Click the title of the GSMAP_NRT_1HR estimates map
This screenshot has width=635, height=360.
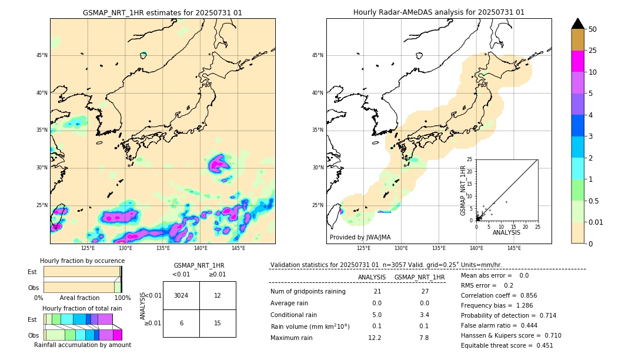pos(162,12)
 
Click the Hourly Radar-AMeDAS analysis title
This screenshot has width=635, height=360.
pos(439,12)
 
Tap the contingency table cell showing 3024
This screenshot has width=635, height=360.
pos(181,295)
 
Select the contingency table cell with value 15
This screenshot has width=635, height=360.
pos(217,323)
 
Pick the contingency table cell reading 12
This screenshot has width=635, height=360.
pos(217,295)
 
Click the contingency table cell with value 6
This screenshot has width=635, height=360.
pos(181,323)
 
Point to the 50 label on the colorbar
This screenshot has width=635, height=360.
pos(593,29)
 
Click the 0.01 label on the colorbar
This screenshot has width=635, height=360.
pos(596,222)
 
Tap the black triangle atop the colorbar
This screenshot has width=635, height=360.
pos(577,24)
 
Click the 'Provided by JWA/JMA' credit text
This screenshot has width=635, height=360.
pos(360,238)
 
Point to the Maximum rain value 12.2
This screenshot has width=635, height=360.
pos(375,338)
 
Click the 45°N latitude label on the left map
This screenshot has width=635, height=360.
pos(42,55)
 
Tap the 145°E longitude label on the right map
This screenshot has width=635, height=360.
pos(514,248)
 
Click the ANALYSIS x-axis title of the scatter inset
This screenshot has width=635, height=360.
pos(506,232)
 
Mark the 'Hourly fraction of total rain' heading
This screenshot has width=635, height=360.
pos(82,308)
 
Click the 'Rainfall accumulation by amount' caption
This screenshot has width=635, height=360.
pos(82,345)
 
